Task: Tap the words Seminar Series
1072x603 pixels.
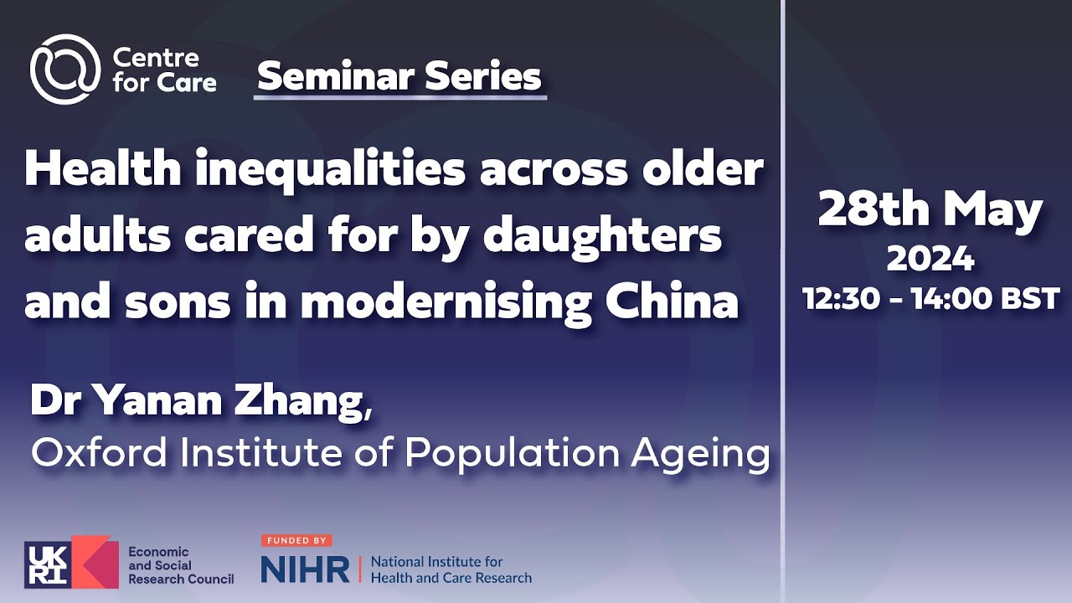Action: pos(399,77)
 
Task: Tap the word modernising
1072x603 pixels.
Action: pos(447,303)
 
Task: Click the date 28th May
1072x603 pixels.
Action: pos(930,210)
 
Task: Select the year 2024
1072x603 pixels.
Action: pos(930,260)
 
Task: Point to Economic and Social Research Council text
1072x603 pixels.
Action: pos(179,565)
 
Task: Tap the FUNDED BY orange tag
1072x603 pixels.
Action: pos(296,541)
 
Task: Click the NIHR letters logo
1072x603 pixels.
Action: pos(305,569)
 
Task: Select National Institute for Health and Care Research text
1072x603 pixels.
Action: pos(450,569)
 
